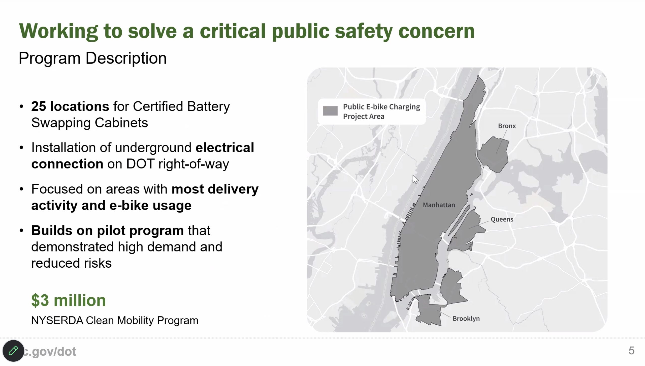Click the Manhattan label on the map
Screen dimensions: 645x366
point(439,205)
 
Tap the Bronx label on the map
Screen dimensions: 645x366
point(507,126)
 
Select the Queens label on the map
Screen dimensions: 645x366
point(502,219)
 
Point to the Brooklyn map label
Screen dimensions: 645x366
point(466,319)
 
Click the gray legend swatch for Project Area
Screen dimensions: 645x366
point(330,111)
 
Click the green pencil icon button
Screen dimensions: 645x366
point(13,351)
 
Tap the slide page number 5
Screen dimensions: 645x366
point(631,351)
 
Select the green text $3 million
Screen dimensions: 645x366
point(69,300)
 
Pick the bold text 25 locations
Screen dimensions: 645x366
point(70,106)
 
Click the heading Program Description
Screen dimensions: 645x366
point(93,59)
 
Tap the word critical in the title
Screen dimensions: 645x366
point(233,31)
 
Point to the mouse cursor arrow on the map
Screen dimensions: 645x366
point(415,179)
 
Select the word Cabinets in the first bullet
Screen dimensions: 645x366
point(121,123)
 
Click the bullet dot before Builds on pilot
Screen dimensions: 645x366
point(21,230)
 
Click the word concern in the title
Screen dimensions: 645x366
point(436,31)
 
